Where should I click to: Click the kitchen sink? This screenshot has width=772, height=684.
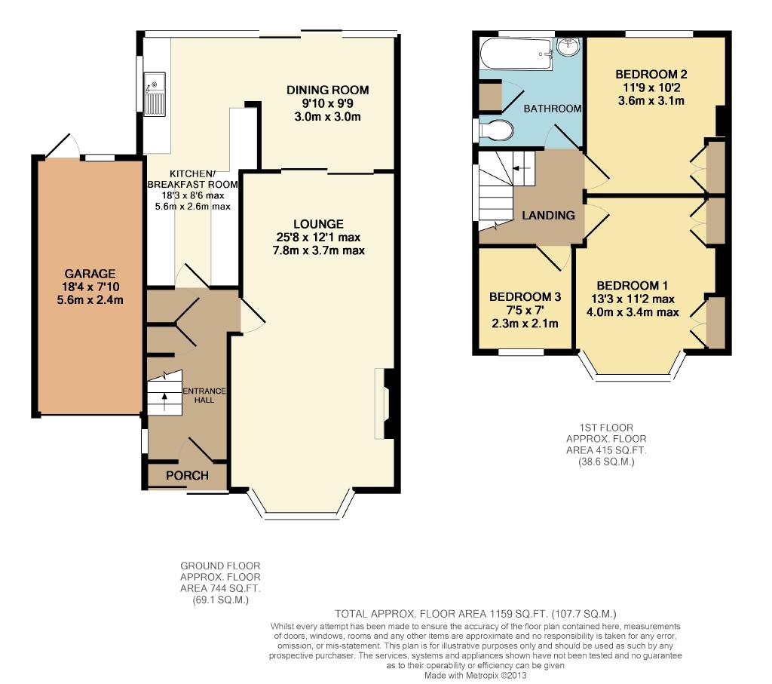155,94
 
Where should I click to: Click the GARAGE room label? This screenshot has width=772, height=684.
90,274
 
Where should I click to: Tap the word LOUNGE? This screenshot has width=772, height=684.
319,224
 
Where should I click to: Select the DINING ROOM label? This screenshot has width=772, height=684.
328,90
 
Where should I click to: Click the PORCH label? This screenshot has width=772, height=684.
187,476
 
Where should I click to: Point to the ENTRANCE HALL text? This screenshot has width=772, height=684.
204,395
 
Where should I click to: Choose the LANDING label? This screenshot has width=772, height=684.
549,215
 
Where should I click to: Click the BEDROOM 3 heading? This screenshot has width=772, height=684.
525,297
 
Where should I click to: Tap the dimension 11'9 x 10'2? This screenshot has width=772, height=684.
651,87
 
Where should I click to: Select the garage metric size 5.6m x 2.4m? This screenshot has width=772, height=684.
90,300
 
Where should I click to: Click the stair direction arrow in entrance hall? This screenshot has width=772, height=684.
164,398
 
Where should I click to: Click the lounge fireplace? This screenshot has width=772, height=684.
385,403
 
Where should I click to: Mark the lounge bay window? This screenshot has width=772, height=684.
302,504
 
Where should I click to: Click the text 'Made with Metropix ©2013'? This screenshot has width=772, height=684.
475,676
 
